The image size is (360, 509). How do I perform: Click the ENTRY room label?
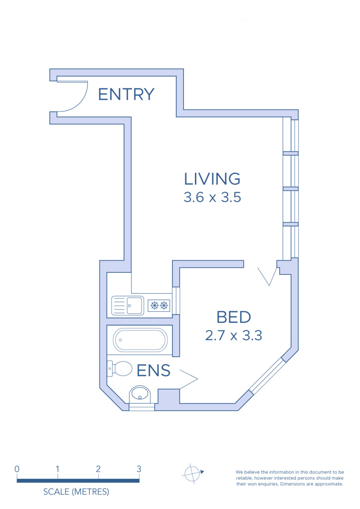click(x=126, y=94)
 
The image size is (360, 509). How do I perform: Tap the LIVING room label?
click(x=212, y=179)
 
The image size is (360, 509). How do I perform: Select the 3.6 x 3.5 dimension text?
click(x=212, y=197)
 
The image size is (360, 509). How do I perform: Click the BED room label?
click(x=233, y=317)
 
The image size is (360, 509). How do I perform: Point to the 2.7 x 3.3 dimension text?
click(x=233, y=336)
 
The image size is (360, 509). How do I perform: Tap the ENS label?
click(x=154, y=370)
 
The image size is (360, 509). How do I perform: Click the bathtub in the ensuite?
click(x=141, y=340)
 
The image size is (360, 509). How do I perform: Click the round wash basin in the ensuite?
click(x=140, y=395)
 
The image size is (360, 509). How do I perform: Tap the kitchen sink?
click(x=128, y=305)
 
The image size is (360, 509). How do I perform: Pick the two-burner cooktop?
click(x=159, y=305)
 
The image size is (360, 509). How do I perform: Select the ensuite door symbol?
click(x=189, y=379)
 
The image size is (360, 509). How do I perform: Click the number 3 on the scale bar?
click(x=139, y=469)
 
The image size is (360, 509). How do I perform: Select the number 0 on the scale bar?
click(x=17, y=469)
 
